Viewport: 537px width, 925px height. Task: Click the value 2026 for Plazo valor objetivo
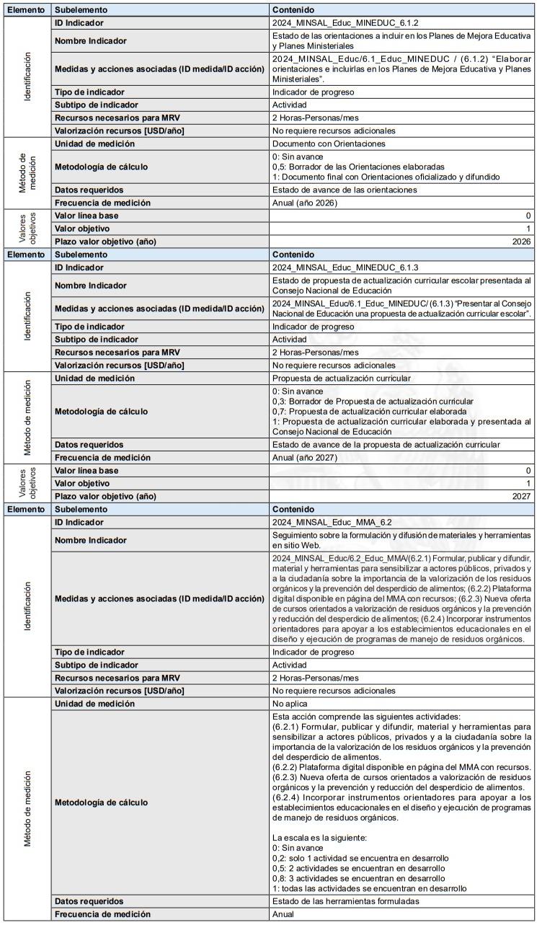(520, 242)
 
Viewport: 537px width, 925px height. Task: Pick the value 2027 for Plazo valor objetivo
(520, 496)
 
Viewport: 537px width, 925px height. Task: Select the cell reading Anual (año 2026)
(305, 203)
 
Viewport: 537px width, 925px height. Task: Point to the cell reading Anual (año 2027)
(305, 458)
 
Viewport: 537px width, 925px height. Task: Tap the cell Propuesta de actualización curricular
(342, 379)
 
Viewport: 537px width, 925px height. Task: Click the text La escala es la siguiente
(317, 838)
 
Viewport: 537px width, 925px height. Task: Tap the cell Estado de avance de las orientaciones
(345, 190)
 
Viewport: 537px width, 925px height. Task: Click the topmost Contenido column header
(293, 10)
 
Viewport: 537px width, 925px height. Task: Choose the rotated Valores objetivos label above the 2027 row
(26, 483)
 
